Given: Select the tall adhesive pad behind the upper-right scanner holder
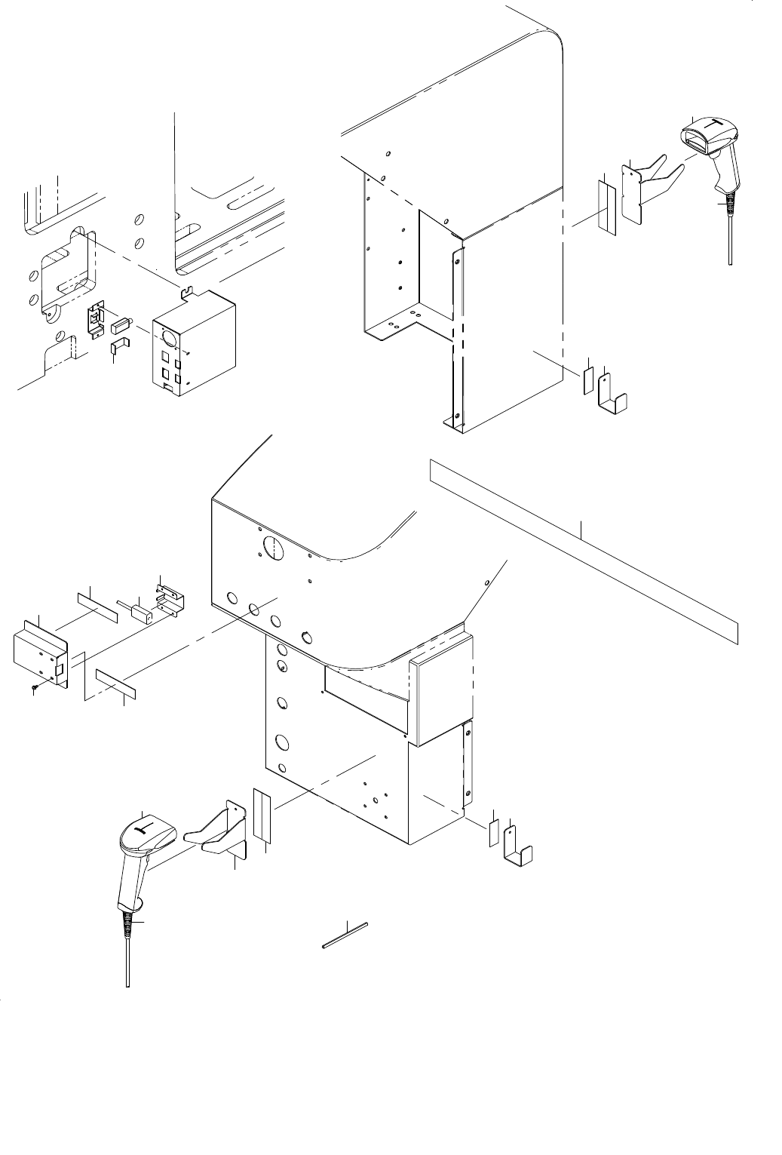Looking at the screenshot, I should pyautogui.click(x=607, y=205).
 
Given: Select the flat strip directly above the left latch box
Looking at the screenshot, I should pyautogui.click(x=98, y=608).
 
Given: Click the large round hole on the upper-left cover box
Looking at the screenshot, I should pyautogui.click(x=170, y=336).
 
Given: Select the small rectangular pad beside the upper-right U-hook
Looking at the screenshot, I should pyautogui.click(x=587, y=382).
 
